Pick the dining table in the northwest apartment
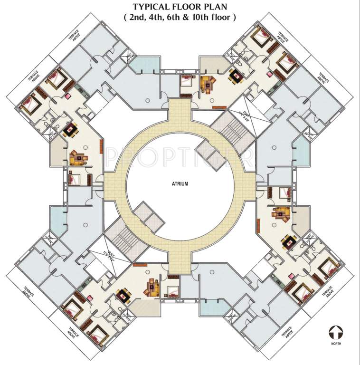71,129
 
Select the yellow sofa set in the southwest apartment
152,286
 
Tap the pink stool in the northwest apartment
68,96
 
